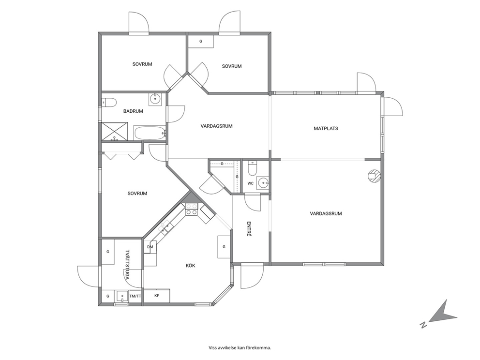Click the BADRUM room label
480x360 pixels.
click(133, 111)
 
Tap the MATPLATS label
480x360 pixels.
click(326, 129)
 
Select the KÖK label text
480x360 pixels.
click(191, 266)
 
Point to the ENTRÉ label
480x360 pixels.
click(249, 229)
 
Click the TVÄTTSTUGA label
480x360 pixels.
click(127, 265)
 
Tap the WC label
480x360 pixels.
click(251, 184)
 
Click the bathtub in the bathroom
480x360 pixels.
click(150, 133)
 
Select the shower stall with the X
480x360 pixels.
click(115, 131)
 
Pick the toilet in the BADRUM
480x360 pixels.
click(109, 102)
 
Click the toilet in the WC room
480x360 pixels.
click(253, 168)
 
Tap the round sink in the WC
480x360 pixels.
click(263, 183)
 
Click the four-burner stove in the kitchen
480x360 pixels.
click(192, 210)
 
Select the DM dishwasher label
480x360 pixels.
click(150, 247)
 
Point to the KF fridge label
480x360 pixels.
click(157, 296)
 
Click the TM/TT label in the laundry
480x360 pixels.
click(135, 296)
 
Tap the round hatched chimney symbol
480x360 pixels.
click(374, 176)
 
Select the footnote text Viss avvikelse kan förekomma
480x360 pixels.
click(240, 348)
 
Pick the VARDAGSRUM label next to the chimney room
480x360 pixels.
click(326, 214)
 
